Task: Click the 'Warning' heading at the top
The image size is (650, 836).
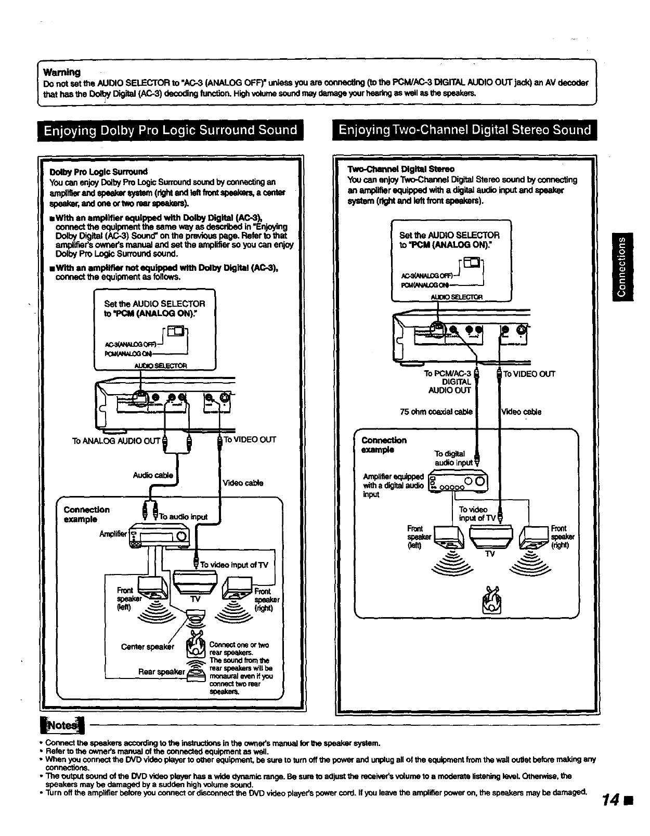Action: [x=62, y=72]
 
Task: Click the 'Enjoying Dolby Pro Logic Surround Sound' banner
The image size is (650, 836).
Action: [x=171, y=130]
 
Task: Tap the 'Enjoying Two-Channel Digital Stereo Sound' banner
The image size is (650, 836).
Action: [x=465, y=130]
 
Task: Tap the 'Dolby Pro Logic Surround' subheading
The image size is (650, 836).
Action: [x=98, y=172]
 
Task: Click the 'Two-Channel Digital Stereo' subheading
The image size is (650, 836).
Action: [x=400, y=169]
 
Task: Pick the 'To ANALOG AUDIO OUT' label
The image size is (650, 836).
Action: [x=115, y=441]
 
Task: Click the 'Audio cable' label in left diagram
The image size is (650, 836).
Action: [x=153, y=475]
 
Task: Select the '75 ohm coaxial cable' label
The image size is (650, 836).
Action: [x=436, y=412]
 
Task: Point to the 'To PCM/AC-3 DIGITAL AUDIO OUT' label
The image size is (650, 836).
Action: [x=448, y=382]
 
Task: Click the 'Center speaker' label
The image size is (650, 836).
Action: [x=147, y=647]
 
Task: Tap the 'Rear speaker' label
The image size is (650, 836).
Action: [x=161, y=672]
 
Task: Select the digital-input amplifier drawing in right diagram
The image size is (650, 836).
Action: [x=458, y=480]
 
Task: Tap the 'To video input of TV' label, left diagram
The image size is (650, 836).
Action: [x=234, y=565]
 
